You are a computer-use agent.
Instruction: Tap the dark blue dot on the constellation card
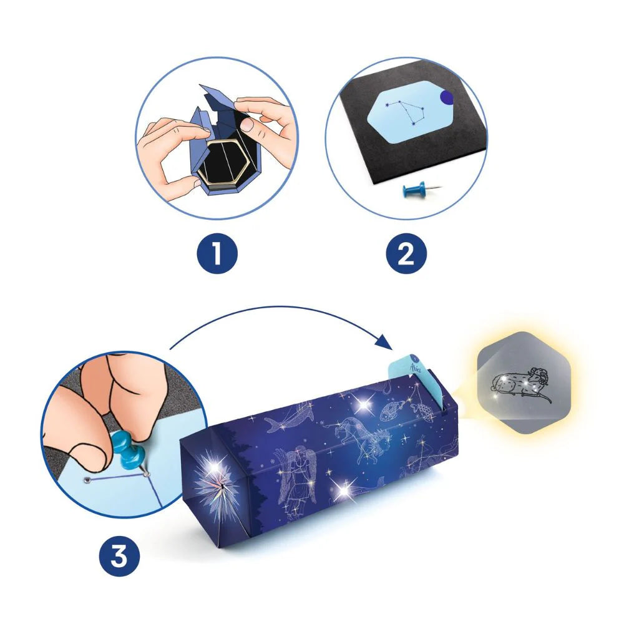[x=447, y=97]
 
